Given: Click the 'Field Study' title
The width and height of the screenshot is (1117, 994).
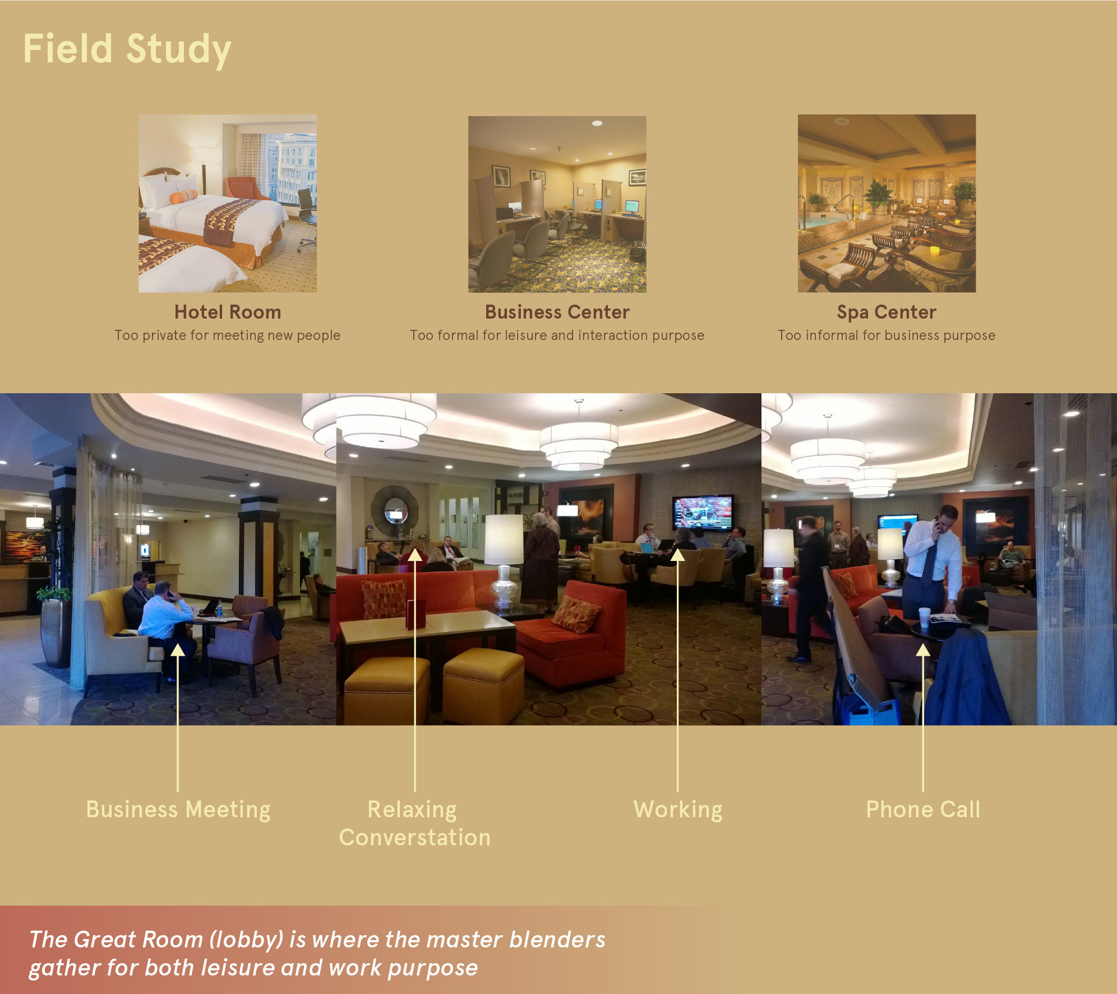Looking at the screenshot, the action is [127, 49].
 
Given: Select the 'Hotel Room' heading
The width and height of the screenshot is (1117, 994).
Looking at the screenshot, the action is [228, 312].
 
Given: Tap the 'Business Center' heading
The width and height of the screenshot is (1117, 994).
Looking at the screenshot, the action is [557, 312].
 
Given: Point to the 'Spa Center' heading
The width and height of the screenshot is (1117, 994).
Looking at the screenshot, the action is [887, 312].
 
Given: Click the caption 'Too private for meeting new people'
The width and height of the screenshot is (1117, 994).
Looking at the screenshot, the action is [228, 335].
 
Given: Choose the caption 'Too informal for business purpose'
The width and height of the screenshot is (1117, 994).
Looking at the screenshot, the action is [887, 335].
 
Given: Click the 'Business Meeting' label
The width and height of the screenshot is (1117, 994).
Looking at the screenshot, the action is [178, 810].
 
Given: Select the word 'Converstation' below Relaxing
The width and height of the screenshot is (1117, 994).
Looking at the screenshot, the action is [415, 837].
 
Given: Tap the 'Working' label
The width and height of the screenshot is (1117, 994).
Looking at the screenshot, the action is [678, 810].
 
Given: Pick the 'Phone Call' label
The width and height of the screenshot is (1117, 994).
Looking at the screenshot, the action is [924, 809].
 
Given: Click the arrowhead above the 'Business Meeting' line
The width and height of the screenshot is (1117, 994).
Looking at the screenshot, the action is [178, 650].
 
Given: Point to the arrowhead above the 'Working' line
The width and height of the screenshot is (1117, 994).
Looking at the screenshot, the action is [678, 555].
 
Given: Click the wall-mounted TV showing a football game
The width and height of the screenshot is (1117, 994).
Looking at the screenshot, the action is [703, 512].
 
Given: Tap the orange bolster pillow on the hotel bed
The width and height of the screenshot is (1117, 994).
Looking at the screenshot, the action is [183, 196].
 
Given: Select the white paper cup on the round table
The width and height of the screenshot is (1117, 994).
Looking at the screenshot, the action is [924, 616].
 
